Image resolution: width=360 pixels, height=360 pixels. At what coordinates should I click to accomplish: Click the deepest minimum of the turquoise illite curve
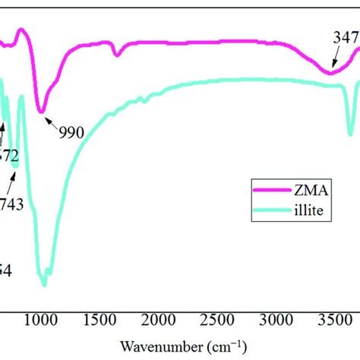point(44,285)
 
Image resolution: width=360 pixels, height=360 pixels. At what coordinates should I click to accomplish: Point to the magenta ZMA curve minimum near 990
point(43,111)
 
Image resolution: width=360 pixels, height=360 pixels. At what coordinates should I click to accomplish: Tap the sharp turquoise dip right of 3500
point(350,134)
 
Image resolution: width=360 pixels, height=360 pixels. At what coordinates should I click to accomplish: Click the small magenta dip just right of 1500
point(117,55)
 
